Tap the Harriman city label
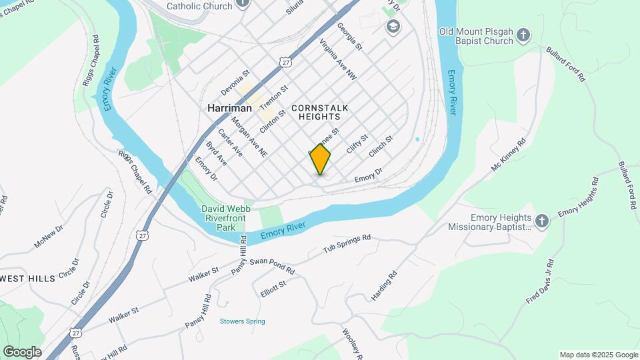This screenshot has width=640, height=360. [x=229, y=108]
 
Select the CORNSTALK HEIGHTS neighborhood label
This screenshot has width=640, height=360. [x=320, y=111]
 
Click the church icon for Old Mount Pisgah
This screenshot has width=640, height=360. [x=524, y=35]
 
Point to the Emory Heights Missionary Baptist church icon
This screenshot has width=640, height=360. [x=543, y=221]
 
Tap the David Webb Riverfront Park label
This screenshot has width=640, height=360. [x=227, y=218]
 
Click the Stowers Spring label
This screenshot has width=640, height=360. [x=242, y=321]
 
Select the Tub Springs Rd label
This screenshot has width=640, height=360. [x=347, y=243]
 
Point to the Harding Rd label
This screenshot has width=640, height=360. [x=384, y=284]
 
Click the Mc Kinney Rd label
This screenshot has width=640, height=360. [x=509, y=155]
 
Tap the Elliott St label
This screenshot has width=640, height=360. [x=273, y=288]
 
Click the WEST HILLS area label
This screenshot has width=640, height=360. [x=27, y=279]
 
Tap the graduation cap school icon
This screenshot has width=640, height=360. [x=393, y=26]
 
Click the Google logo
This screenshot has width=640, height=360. [x=21, y=351]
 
